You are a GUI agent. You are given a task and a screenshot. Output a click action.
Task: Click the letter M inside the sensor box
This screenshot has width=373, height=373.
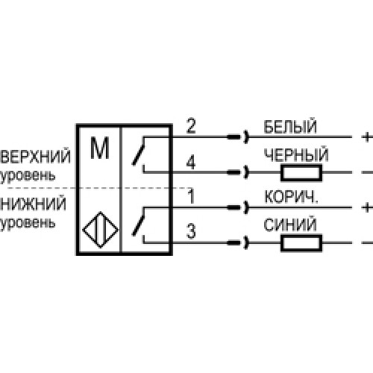tap(100, 148)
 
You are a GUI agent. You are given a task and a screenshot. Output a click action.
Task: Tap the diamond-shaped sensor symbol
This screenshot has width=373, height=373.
tap(100, 230)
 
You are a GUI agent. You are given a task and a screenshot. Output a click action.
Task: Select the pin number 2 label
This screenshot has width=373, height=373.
tap(191, 126)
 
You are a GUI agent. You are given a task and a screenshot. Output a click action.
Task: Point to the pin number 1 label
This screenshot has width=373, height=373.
tap(191, 196)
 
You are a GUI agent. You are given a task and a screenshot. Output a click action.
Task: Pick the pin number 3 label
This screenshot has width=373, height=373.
tap(191, 231)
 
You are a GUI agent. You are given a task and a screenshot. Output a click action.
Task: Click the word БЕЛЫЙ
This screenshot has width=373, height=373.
tap(290, 126)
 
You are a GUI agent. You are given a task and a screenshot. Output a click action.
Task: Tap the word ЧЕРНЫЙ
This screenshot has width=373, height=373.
tap(296, 154)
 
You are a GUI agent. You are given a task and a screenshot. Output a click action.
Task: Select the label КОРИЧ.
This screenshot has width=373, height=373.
tap(291, 196)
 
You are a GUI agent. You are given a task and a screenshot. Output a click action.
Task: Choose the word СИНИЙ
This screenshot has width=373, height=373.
tap(290, 225)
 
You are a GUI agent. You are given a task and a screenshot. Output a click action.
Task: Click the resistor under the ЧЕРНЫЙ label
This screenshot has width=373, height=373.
tap(301, 172)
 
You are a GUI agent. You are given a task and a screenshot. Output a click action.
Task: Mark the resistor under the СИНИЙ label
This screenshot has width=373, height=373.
tap(301, 243)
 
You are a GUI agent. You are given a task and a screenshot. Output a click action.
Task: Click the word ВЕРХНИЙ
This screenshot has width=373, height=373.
tap(36, 156)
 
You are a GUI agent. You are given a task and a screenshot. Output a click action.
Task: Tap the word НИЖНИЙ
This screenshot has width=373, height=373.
tap(34, 204)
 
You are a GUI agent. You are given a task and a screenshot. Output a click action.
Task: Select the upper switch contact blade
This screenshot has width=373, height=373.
tap(138, 154)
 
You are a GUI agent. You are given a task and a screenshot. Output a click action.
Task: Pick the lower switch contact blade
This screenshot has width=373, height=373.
tap(138, 225)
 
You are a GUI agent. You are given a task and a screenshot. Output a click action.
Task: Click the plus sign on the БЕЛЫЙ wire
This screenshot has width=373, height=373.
tap(367, 137)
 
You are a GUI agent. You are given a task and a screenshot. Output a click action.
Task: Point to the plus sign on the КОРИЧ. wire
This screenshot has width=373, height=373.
tap(367, 207)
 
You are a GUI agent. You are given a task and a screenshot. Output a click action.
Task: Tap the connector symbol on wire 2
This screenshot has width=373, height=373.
tap(238, 137)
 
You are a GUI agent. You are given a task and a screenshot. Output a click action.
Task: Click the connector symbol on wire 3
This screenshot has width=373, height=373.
tap(238, 242)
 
